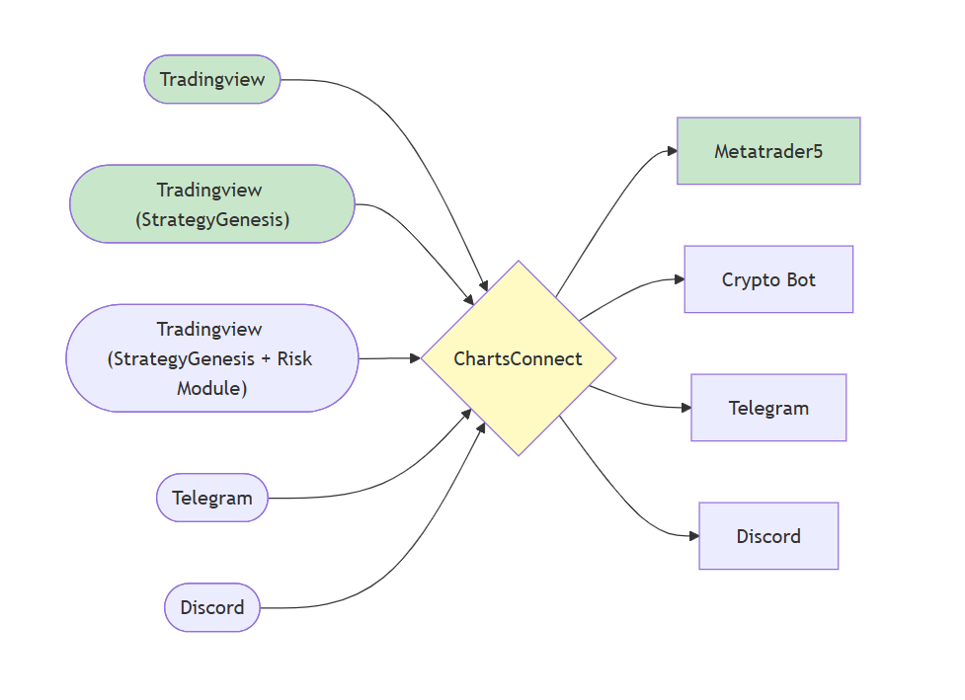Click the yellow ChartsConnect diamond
[519, 358]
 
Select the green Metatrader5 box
[768, 151]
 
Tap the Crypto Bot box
[768, 279]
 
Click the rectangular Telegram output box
[768, 408]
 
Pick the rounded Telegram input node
[212, 498]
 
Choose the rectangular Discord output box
[768, 536]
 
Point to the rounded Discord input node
[212, 607]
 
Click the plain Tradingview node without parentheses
[212, 79]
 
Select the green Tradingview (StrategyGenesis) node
[212, 204]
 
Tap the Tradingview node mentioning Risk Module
[212, 358]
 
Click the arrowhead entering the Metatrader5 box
[672, 151]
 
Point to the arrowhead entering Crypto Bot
[679, 279]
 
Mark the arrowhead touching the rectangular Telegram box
[685, 408]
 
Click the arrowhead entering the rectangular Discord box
[693, 536]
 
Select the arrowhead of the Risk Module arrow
[415, 358]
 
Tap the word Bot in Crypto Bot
[800, 279]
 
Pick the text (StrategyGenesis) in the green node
[212, 219]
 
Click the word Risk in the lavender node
[292, 358]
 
